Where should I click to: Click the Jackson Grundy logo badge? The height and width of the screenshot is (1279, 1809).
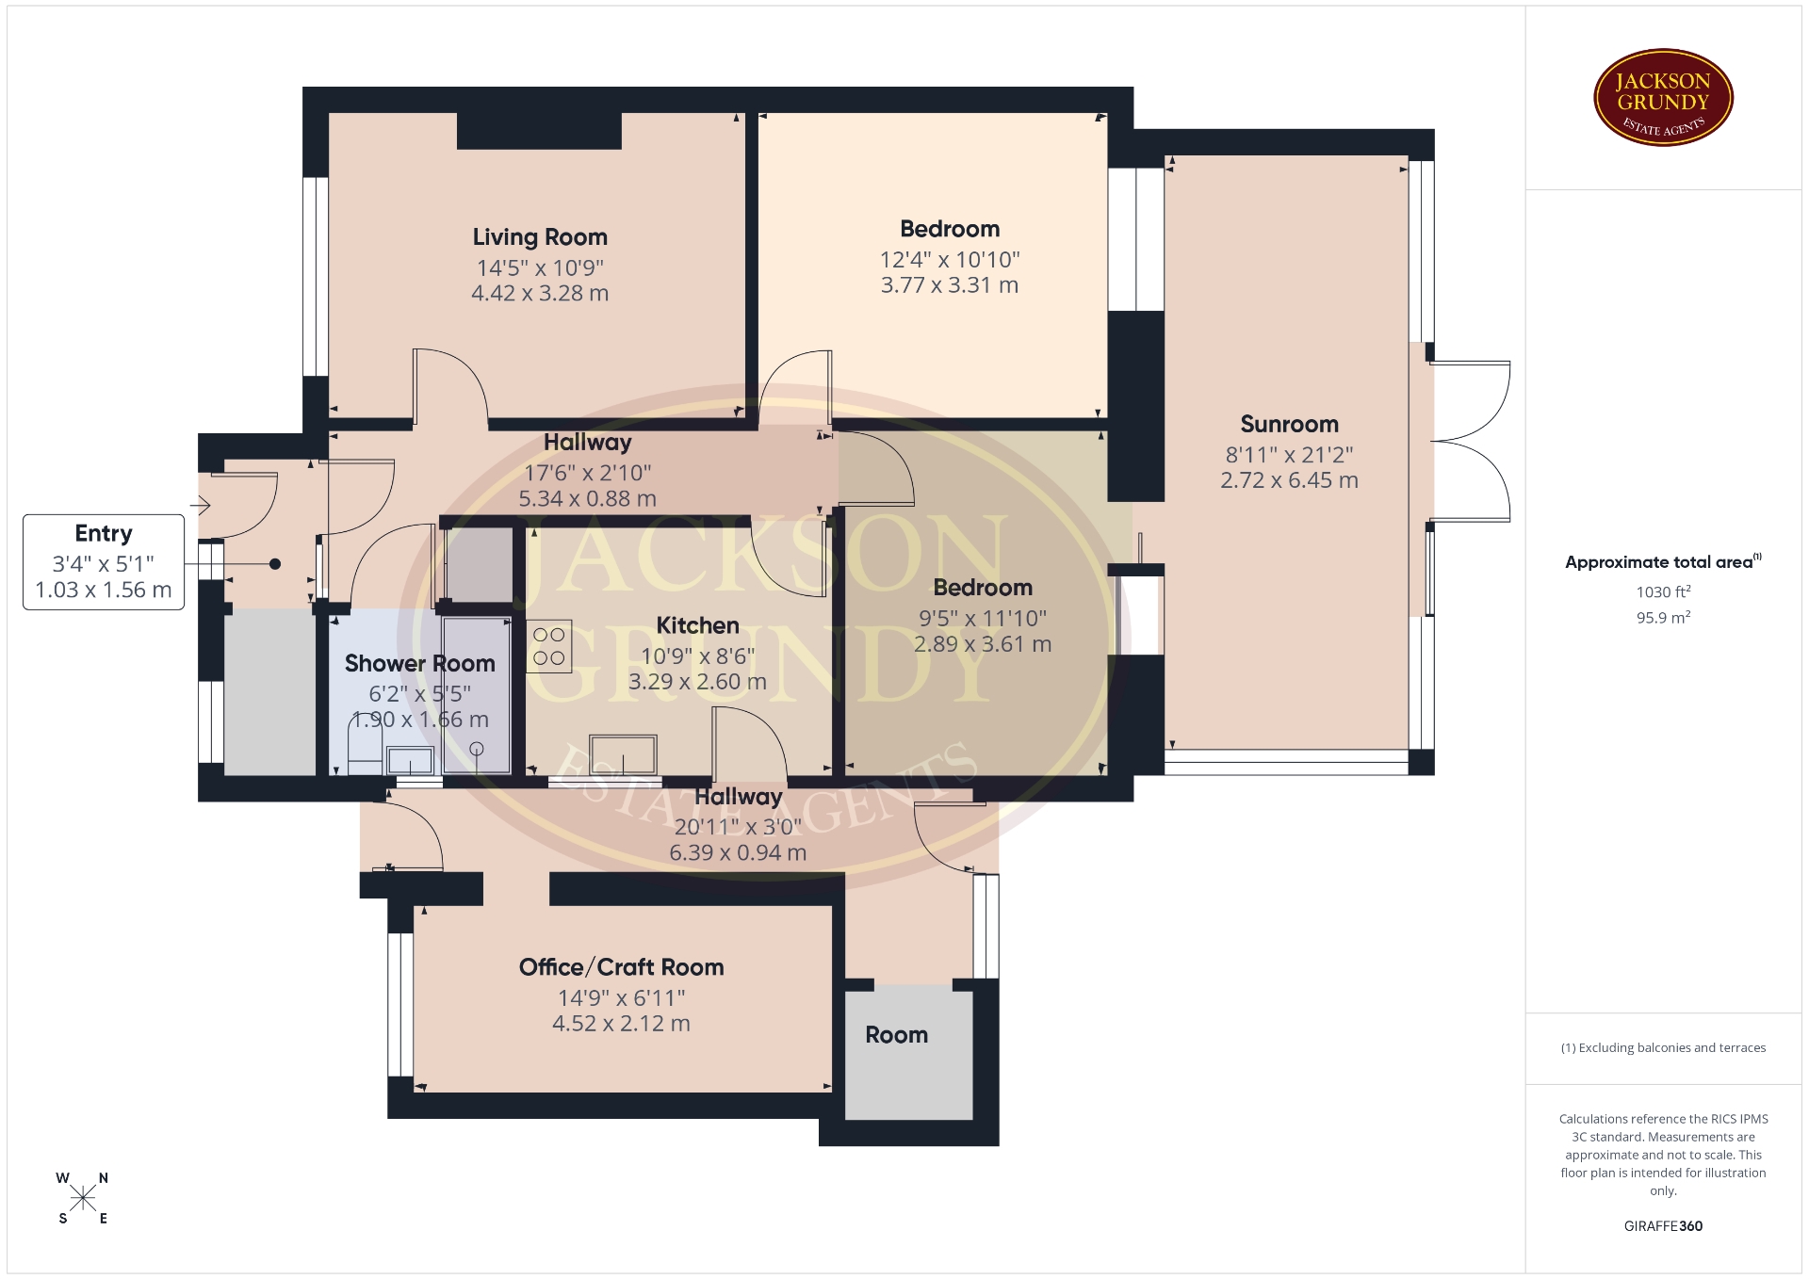coord(1663,98)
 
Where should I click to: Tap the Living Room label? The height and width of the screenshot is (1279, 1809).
coord(540,237)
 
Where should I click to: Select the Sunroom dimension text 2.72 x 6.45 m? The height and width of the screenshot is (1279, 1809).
coord(1289,480)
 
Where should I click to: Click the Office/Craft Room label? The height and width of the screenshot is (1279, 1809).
coord(621,967)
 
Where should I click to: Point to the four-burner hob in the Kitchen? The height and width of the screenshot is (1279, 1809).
coord(549,646)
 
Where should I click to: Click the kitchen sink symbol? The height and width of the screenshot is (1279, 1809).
coord(622,755)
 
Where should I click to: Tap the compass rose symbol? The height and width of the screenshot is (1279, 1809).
coord(83,1198)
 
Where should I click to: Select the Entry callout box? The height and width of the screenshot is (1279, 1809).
coord(104,562)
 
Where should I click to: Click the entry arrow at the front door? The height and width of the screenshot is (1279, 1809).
coord(200,507)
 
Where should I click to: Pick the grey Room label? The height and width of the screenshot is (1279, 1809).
coord(896,1035)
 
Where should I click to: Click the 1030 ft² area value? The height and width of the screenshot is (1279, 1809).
coord(1663,591)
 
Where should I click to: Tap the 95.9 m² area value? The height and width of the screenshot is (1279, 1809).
coord(1663,618)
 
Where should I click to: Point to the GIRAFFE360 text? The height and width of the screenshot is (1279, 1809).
coord(1663,1226)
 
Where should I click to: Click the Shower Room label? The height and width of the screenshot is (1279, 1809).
coord(419,664)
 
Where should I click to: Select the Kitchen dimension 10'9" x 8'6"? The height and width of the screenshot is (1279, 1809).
coord(697,656)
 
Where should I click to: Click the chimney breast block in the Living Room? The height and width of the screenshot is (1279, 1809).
coord(539,131)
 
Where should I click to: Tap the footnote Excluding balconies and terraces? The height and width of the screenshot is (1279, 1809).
coord(1663,1047)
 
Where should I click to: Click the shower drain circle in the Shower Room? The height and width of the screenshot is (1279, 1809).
coord(477,749)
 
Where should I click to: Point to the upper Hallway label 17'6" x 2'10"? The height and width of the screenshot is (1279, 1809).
coord(587,473)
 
